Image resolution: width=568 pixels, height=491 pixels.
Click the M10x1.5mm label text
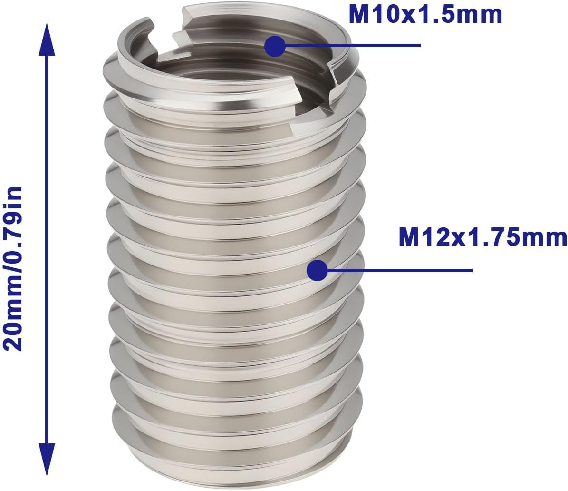pos(425,14)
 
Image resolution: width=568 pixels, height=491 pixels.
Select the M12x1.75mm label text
pos(482,237)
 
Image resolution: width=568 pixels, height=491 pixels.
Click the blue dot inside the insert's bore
pos(274,46)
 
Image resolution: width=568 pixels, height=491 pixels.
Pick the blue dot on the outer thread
pos(317,271)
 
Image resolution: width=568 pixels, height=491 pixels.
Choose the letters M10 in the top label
pos(373,14)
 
